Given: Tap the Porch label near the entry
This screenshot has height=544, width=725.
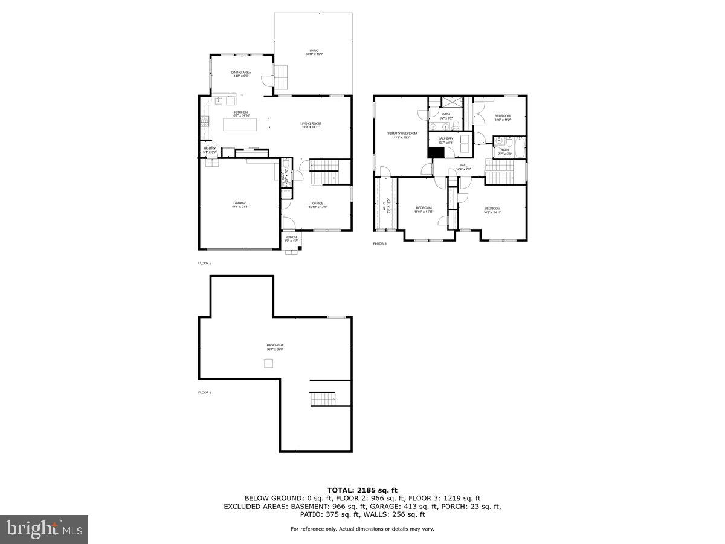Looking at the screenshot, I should coord(291,238).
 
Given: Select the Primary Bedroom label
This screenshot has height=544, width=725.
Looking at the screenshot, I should coord(402,135).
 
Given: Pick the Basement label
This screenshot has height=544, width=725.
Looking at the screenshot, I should coord(275,347).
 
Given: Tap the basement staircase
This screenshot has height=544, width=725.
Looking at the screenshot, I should coord(322,399).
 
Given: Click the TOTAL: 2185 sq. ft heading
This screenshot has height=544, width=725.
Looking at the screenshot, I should coord(362,490).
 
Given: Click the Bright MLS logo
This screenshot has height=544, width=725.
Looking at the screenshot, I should coord(44,529).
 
